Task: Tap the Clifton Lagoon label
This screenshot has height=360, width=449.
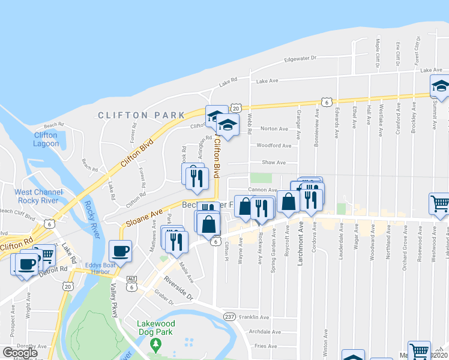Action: (x=46, y=139)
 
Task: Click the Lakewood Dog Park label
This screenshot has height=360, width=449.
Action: (x=155, y=327)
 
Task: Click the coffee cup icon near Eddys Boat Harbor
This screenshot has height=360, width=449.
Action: (x=120, y=251)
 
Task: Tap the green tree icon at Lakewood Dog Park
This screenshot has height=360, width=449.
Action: (x=156, y=344)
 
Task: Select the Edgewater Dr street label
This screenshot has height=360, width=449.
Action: (x=301, y=58)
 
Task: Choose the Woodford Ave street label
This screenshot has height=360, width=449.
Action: (x=274, y=146)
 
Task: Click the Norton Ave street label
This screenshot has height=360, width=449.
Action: (x=274, y=129)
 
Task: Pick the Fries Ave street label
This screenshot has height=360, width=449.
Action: (x=268, y=346)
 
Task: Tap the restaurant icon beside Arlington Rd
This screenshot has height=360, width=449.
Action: (x=197, y=178)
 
